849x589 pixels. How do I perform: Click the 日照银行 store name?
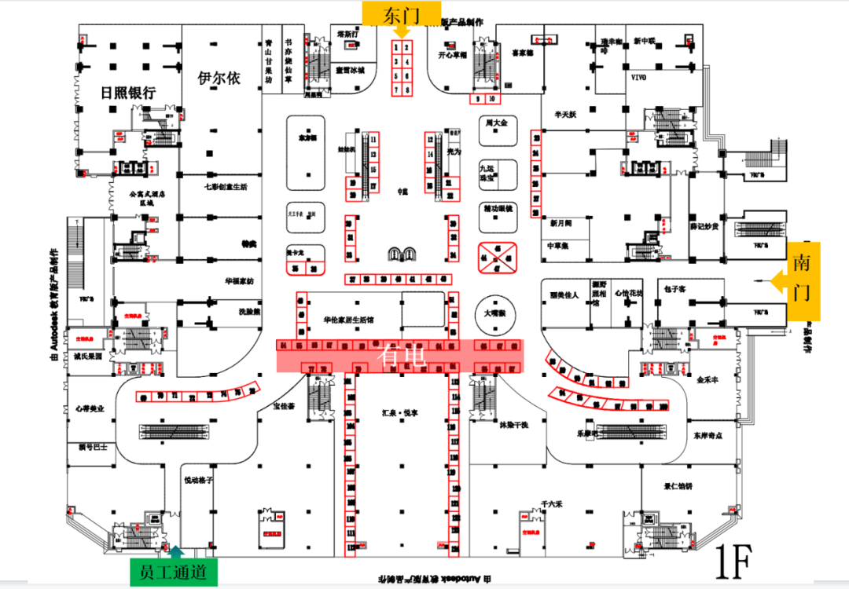(128, 93)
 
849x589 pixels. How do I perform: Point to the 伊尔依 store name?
(219, 79)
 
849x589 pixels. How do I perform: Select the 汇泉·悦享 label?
(399, 411)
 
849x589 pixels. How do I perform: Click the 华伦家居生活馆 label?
(349, 320)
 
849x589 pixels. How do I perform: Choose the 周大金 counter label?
(498, 124)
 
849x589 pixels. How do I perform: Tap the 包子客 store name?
(675, 289)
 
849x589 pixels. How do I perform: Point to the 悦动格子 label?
(199, 480)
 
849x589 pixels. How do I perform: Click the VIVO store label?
(638, 78)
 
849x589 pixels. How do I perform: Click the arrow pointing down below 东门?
(402, 32)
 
